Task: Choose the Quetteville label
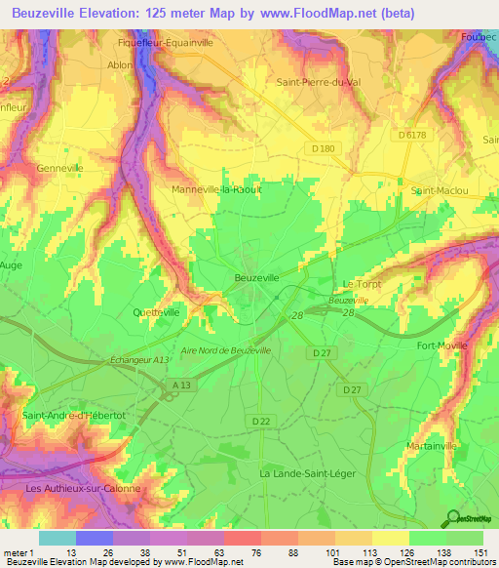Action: click(x=155, y=312)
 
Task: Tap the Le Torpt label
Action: click(x=360, y=284)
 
